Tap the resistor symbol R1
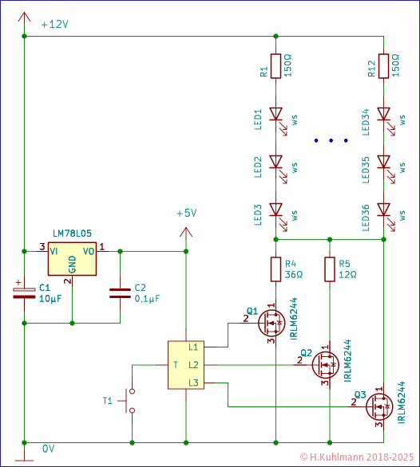(275, 65)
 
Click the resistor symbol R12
(383, 65)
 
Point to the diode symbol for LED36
(383, 211)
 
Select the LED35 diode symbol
(383, 163)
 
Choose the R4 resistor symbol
(275, 269)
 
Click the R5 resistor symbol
(329, 269)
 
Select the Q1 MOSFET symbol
(271, 322)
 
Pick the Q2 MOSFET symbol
(324, 364)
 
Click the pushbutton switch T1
(129, 402)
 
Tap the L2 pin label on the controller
(193, 364)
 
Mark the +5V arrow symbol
(185, 233)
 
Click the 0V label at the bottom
(49, 449)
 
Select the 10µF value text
(50, 298)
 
